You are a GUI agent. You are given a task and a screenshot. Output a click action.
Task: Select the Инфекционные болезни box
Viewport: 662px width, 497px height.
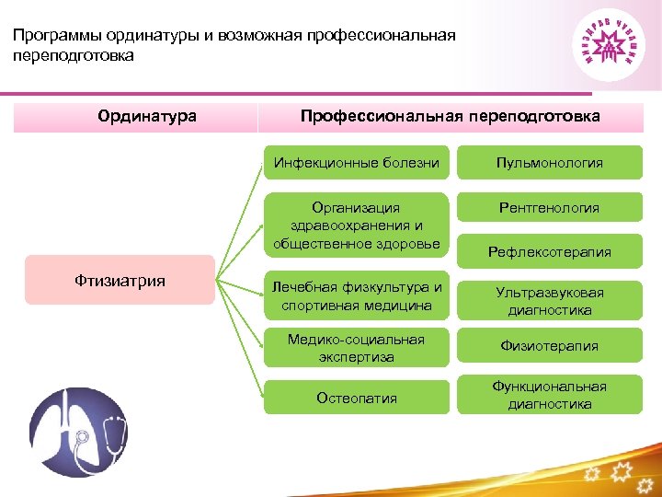(x=357, y=163)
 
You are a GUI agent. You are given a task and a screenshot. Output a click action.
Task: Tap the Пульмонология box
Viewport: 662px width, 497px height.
(x=550, y=163)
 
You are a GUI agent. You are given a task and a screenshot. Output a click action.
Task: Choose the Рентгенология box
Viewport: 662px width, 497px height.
(x=550, y=208)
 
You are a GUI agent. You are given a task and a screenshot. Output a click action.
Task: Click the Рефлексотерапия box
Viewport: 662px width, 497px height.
(x=550, y=251)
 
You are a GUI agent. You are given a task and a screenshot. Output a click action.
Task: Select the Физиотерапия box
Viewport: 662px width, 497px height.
(x=550, y=346)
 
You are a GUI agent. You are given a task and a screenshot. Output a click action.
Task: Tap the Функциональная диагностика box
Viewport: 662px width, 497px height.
(x=550, y=395)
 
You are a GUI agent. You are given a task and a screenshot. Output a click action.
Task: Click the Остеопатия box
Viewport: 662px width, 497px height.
(x=357, y=398)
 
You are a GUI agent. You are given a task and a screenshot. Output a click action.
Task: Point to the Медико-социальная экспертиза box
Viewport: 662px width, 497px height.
(x=357, y=348)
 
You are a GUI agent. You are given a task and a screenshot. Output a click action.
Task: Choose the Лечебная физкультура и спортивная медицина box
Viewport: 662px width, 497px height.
(x=357, y=295)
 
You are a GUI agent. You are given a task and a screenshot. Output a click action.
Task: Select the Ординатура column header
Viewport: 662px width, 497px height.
(x=147, y=116)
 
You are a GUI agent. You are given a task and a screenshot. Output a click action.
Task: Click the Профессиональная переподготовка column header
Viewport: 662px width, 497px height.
(x=451, y=116)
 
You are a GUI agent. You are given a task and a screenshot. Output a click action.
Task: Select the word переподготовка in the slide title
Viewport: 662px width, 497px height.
(x=74, y=56)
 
